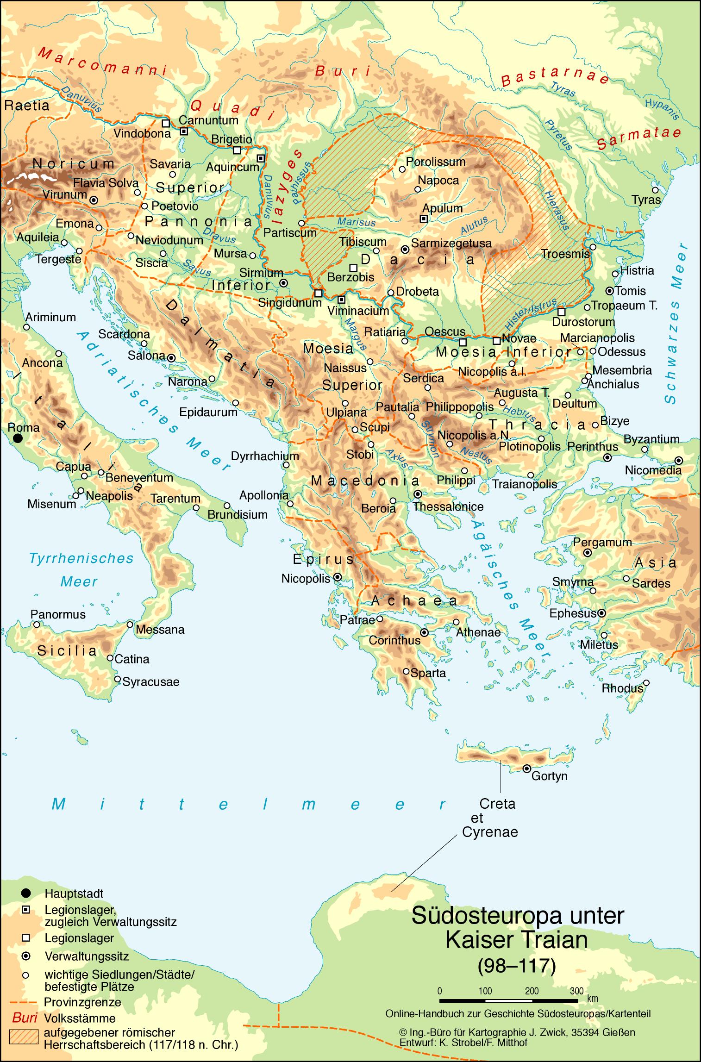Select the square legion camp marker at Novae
pos(496,341)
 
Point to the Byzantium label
pos(651,438)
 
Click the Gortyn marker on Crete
pos(526,768)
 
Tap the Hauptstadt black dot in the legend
pos(26,893)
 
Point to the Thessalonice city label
pos(448,506)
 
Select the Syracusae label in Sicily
pos(150,682)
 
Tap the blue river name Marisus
pos(356,222)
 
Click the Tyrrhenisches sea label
pos(81,558)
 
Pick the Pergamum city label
pos(602,542)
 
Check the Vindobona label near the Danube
pos(142,133)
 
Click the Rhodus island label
pos(622,688)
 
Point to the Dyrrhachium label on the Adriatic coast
pos(265,456)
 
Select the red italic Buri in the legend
pos(25,1018)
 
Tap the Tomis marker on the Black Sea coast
pos(610,291)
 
